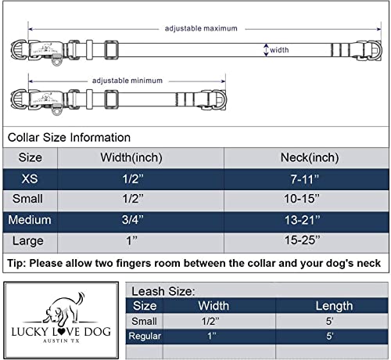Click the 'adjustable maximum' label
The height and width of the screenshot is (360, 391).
coord(201,28)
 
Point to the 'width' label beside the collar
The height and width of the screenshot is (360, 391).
coord(279,49)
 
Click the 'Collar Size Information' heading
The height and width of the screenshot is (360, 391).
coord(69,138)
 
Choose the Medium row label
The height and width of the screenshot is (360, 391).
coord(30,220)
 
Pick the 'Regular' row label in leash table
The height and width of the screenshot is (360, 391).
coord(146,336)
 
